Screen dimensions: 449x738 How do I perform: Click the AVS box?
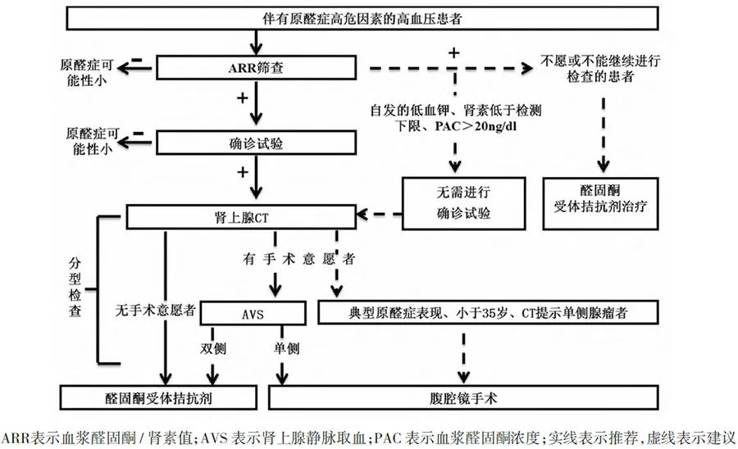coord(253,312)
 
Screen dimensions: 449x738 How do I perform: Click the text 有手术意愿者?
coord(298,259)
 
